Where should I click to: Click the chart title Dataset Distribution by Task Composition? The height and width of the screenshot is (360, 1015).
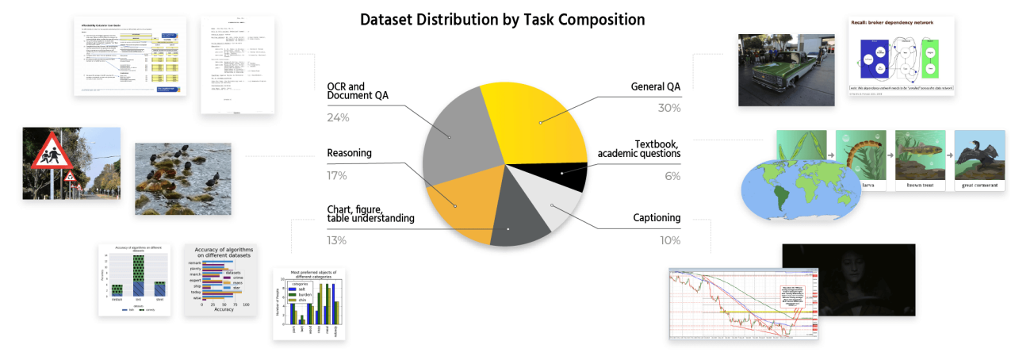pos(502,19)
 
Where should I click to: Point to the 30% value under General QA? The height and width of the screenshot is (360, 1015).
pos(668,109)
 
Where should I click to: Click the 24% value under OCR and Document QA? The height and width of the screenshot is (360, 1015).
pos(338,118)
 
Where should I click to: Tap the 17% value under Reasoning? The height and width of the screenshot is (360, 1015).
pos(337,176)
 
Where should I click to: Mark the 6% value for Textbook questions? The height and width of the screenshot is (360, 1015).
pos(672,176)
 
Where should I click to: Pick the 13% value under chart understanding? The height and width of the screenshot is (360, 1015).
pos(337,240)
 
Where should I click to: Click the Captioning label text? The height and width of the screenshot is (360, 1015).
pos(657,217)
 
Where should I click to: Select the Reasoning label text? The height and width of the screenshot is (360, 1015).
pos(349,153)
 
